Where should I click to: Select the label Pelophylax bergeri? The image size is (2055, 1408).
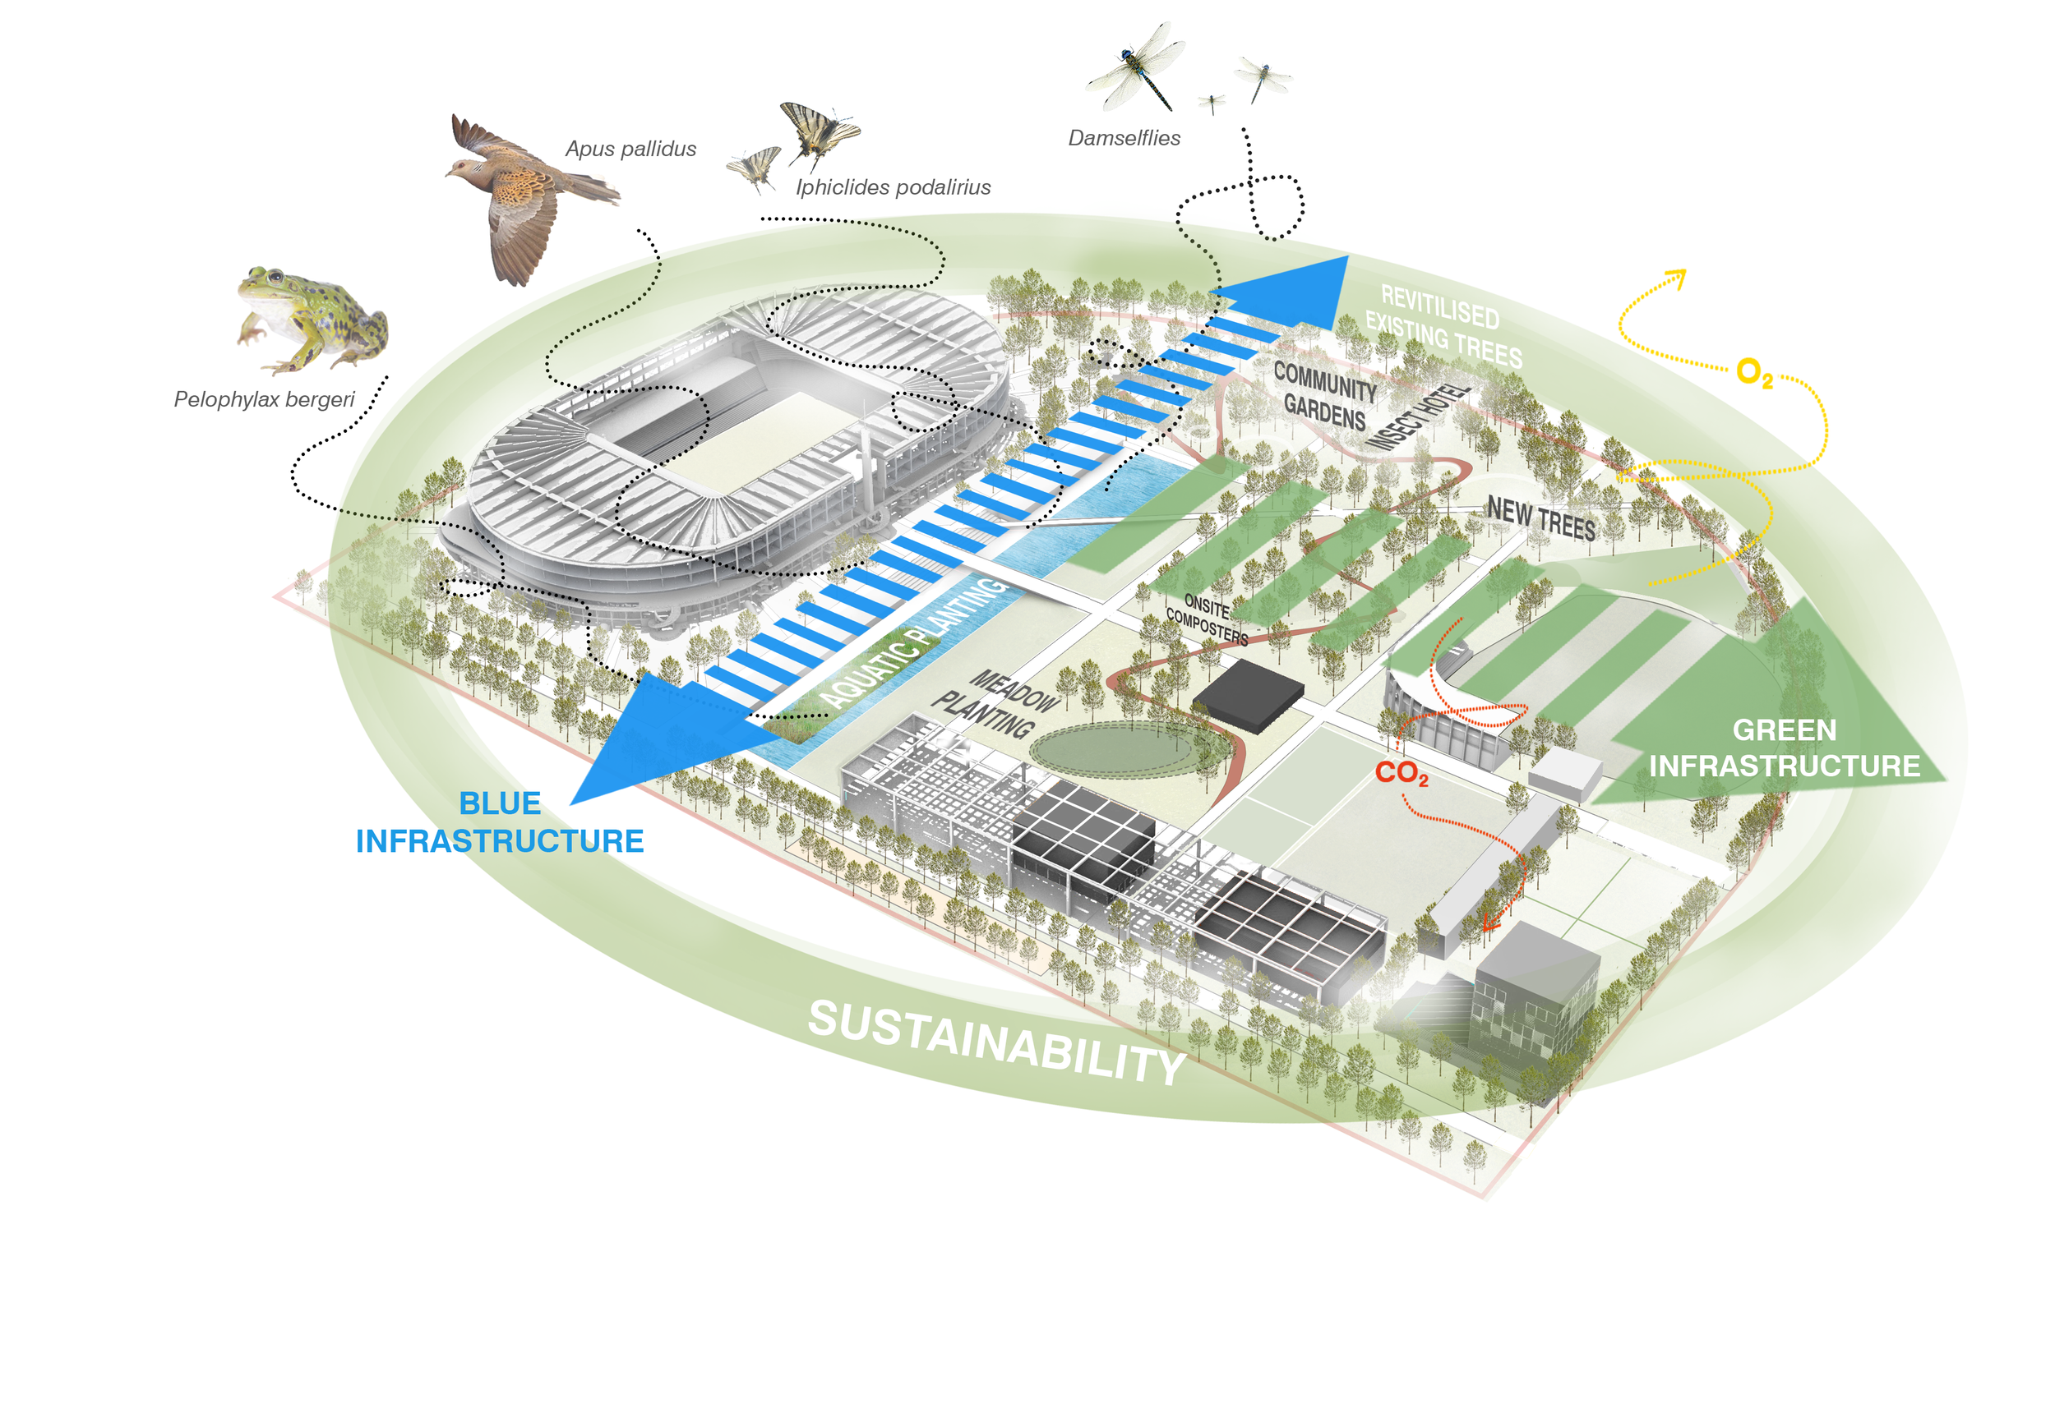pyautogui.click(x=264, y=399)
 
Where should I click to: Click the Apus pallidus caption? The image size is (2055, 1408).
pyautogui.click(x=630, y=149)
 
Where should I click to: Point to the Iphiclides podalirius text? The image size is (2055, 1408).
pyautogui.click(x=893, y=187)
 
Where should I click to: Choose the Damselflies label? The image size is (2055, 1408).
pyautogui.click(x=1124, y=138)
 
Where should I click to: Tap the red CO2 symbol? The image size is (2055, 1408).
pyautogui.click(x=1402, y=773)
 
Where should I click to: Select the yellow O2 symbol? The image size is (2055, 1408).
pyautogui.click(x=1754, y=372)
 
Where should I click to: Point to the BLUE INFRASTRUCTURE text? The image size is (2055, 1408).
pyautogui.click(x=500, y=822)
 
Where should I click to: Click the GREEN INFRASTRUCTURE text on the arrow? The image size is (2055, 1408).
pyautogui.click(x=1785, y=748)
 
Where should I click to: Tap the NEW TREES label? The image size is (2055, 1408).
pyautogui.click(x=1541, y=520)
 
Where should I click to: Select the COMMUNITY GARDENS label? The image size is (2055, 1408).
pyautogui.click(x=1324, y=396)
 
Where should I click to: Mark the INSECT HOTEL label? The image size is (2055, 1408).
pyautogui.click(x=1418, y=417)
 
